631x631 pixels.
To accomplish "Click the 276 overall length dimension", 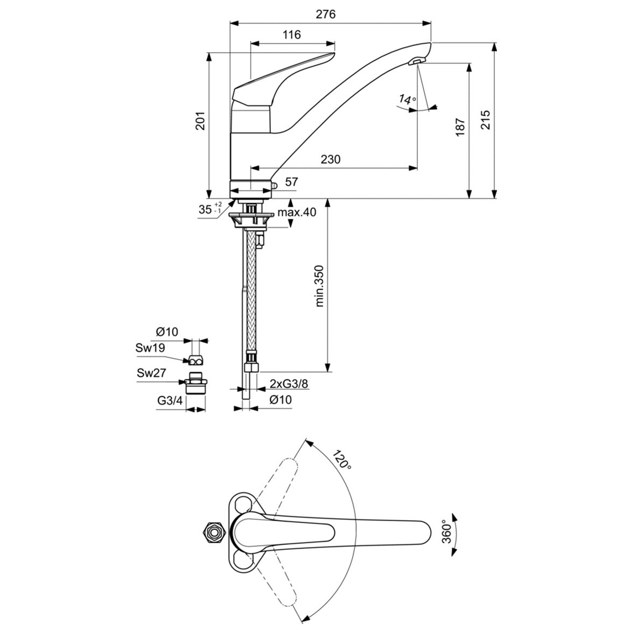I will tap(325, 15).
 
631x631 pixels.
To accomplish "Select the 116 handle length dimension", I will tap(291, 35).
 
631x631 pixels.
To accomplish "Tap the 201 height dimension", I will tap(200, 123).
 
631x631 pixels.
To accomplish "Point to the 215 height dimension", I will tap(485, 120).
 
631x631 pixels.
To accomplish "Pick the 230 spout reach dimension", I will tap(331, 159).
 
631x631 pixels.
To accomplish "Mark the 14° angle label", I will tap(408, 99).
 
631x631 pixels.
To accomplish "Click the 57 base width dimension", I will tap(291, 182).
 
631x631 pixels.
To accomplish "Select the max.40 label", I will tap(297, 212).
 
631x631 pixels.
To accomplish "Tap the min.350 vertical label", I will tap(319, 286).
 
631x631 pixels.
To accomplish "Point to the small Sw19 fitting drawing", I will tap(195, 360).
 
